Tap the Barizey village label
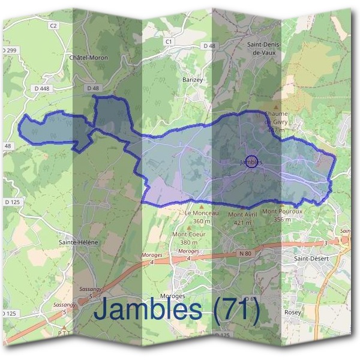pyautogui.click(x=193, y=79)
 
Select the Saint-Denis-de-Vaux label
pyautogui.click(x=265, y=49)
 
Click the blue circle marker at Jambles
pyautogui.click(x=252, y=161)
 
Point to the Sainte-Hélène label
pyautogui.click(x=78, y=242)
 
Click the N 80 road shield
pyautogui.click(x=244, y=254)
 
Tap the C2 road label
pyautogui.click(x=53, y=26)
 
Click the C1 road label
pyautogui.click(x=169, y=41)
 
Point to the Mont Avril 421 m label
pyautogui.click(x=242, y=218)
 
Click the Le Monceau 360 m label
pyautogui.click(x=202, y=217)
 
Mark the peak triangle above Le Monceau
pyautogui.click(x=202, y=206)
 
